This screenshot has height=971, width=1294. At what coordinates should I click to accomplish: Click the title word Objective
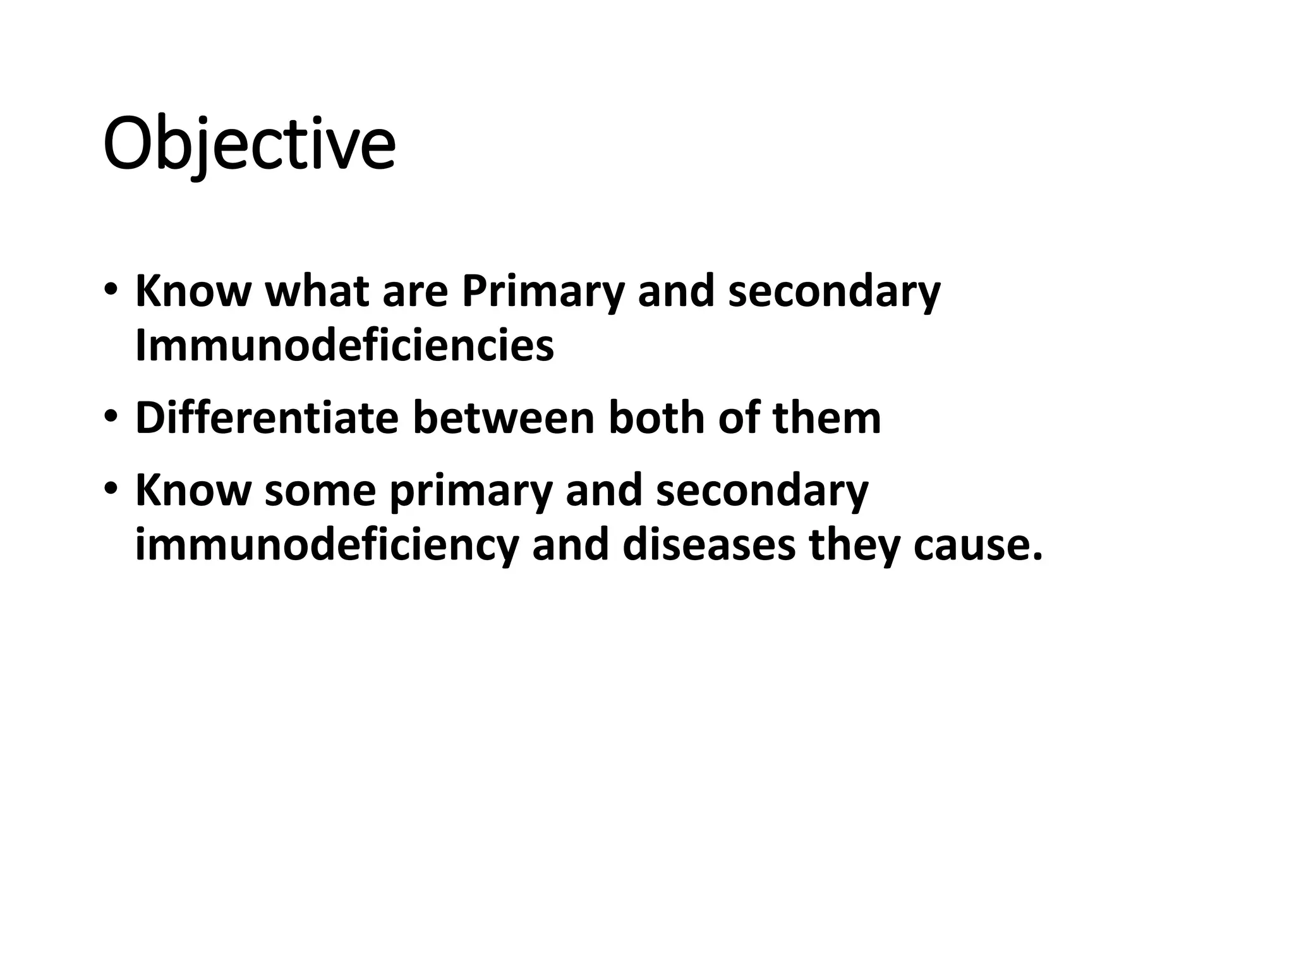[249, 144]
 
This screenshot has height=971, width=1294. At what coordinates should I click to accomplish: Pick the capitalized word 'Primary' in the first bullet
[543, 292]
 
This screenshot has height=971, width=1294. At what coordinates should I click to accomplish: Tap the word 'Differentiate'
[267, 418]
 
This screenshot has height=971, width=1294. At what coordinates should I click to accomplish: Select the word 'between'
[504, 418]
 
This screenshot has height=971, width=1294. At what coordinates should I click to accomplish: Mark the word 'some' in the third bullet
[320, 490]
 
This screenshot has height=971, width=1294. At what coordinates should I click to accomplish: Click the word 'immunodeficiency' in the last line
[327, 544]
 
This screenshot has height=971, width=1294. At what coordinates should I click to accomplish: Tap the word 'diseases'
[708, 544]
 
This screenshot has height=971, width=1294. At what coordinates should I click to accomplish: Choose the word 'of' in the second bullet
[738, 418]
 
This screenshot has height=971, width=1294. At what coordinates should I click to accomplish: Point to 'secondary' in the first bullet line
[834, 292]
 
